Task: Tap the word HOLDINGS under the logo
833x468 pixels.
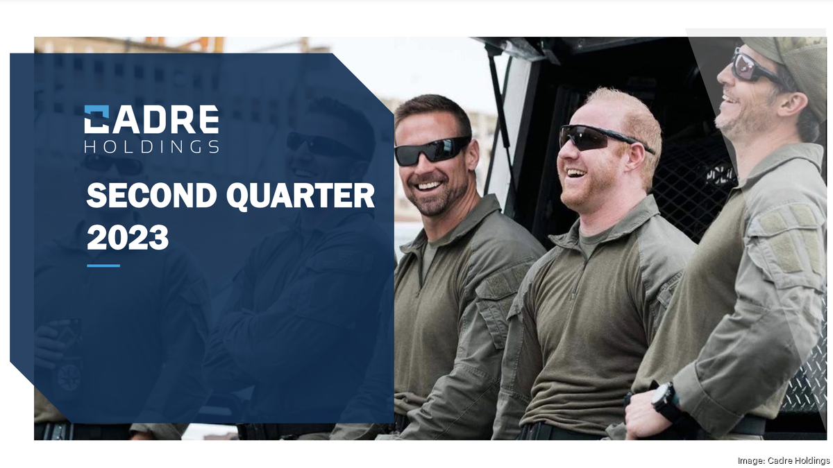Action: tap(151, 146)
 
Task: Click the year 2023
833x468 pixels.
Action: tap(128, 239)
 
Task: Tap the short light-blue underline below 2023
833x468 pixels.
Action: tap(103, 266)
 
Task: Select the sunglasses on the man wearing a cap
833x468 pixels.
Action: tap(753, 67)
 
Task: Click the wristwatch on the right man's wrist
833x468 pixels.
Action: tap(664, 400)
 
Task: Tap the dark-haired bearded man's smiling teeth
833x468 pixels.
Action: tap(429, 186)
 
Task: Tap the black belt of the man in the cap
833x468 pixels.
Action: tap(743, 425)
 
